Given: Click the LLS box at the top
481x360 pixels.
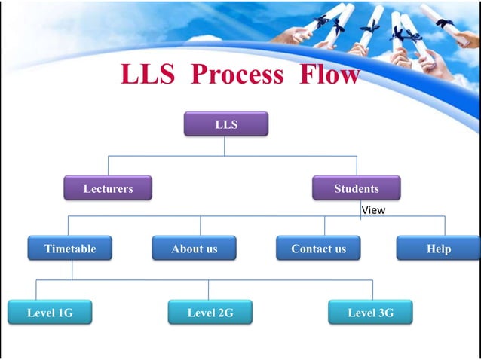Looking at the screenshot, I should click(225, 124).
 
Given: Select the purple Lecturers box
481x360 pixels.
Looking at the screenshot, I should click(107, 188).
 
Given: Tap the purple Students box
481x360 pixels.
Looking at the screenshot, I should click(356, 188).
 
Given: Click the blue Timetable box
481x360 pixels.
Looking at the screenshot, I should click(70, 249).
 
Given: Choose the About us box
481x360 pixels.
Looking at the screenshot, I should click(194, 249).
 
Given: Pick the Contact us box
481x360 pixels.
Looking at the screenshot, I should click(318, 249).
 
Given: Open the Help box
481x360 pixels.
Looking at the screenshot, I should click(438, 249).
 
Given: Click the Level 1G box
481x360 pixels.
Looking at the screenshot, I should click(50, 313).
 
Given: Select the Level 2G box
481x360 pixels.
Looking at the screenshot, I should click(210, 313).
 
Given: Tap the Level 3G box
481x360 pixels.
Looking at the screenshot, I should click(370, 313).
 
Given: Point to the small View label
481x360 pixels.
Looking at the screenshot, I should click(372, 210).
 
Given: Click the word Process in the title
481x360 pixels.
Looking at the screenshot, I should click(237, 75).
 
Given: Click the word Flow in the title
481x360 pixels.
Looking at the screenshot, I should click(328, 75).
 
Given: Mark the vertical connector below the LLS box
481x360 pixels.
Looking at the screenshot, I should click(224, 145).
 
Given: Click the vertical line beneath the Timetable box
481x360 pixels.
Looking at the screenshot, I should click(72, 270).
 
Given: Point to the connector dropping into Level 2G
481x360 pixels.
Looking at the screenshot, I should click(209, 290).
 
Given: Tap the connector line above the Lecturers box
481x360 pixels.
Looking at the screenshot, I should click(108, 165).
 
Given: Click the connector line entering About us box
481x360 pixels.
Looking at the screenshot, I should click(200, 226).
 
